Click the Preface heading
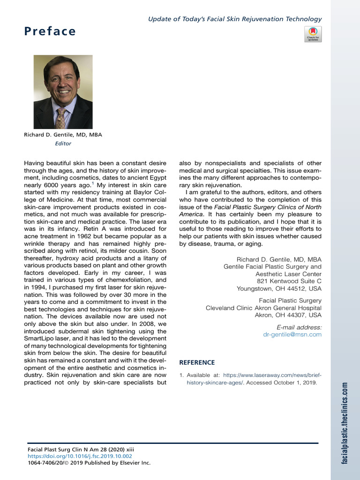(50, 31)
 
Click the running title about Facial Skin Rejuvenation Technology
(235, 19)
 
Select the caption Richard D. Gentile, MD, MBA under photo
(63, 135)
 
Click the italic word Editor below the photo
(63, 143)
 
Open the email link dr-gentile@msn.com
(292, 334)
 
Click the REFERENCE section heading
(197, 362)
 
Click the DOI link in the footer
(80, 456)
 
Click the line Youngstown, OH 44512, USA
(279, 288)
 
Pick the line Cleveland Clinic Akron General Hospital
(263, 308)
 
